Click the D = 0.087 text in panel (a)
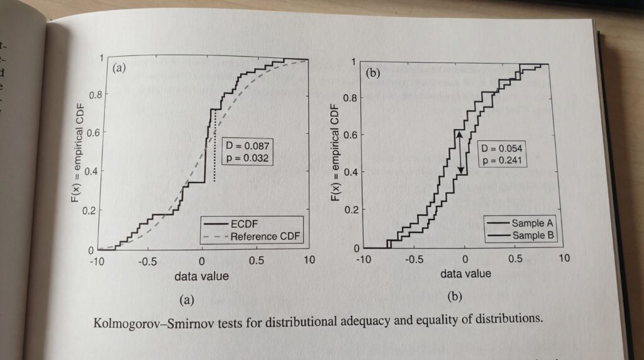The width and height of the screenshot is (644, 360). pyautogui.click(x=247, y=146)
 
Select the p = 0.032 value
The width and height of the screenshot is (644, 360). pyautogui.click(x=247, y=158)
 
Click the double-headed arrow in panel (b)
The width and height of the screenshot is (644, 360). pyautogui.click(x=461, y=153)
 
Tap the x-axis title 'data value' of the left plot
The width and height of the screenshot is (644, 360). pyautogui.click(x=202, y=276)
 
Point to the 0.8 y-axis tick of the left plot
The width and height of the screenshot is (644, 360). pyautogui.click(x=94, y=96)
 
